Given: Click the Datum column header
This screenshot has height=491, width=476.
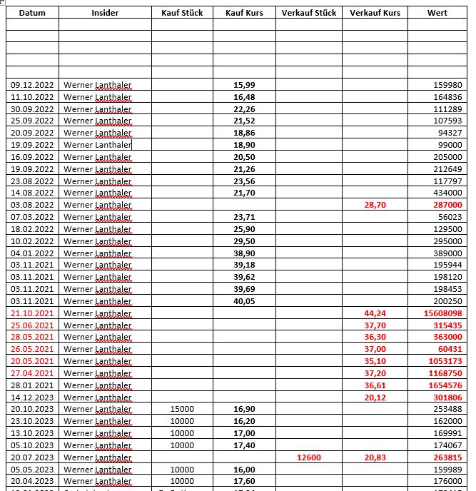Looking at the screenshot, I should (x=32, y=13).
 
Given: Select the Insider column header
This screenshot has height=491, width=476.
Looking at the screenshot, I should (x=105, y=13).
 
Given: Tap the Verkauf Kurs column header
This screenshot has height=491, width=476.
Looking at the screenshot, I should (x=375, y=13).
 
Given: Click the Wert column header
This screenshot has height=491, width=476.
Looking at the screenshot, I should (x=437, y=13).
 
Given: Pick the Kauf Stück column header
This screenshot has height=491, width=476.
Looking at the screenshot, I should (x=182, y=13).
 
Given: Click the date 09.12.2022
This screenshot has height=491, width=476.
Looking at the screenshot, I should (x=32, y=85).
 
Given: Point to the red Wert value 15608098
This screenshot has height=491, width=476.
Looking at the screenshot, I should (x=442, y=313).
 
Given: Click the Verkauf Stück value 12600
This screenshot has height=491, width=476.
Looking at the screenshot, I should (x=308, y=457).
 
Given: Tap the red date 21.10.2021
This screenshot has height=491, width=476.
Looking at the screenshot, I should (x=32, y=313).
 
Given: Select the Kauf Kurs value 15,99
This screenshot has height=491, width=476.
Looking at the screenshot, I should (x=244, y=85).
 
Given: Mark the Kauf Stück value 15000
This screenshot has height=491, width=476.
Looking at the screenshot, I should (x=182, y=409).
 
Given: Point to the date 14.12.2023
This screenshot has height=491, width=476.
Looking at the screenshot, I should (x=32, y=397).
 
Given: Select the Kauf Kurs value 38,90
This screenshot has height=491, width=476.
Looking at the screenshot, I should (x=244, y=253).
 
